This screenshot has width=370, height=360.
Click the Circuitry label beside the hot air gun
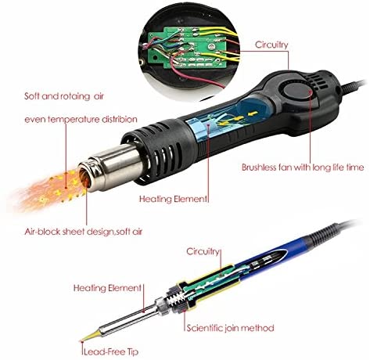tap(271, 45)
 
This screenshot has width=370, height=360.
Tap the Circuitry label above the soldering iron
tap(203, 252)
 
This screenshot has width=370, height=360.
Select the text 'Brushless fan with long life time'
tap(303, 167)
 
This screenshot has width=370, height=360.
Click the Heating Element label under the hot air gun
tap(173, 199)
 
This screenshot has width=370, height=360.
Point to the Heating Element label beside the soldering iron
tap(107, 288)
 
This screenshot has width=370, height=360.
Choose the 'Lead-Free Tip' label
tap(111, 352)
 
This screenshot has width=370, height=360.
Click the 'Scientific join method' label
tap(230, 328)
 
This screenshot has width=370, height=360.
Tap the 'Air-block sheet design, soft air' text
tap(84, 232)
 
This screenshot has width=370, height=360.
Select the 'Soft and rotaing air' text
tap(64, 96)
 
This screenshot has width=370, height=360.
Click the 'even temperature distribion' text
tap(81, 120)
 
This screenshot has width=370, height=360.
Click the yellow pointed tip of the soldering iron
tap(90, 336)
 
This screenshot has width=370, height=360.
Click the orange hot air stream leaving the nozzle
tap(49, 189)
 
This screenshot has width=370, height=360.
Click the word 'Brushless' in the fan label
tap(259, 167)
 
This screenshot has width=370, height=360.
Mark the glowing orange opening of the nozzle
tap(84, 178)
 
